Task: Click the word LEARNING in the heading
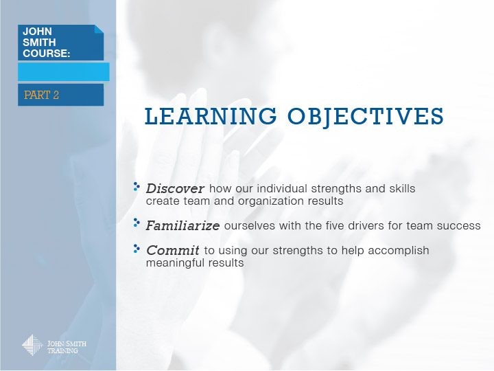click(211, 116)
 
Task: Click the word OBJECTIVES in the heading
click(366, 117)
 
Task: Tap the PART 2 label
click(41, 95)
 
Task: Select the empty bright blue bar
click(64, 72)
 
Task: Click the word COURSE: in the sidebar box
click(47, 54)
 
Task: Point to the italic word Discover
click(175, 189)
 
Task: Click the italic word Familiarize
click(183, 225)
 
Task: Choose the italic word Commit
click(173, 251)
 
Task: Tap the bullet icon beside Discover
click(137, 186)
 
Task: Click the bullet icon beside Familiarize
click(137, 223)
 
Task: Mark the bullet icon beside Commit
click(137, 249)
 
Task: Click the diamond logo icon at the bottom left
click(32, 346)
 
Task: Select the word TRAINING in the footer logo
click(62, 350)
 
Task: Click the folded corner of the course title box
click(99, 29)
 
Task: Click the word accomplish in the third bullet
click(398, 251)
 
